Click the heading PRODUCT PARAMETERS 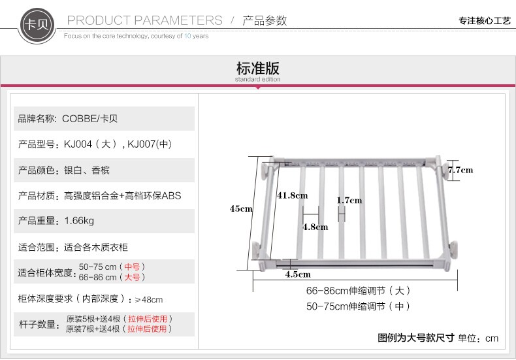tap(144, 20)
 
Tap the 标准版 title tap(257, 68)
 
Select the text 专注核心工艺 tap(484, 21)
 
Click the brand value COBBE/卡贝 tap(90, 119)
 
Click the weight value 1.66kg tap(79, 221)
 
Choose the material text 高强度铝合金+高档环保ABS tap(123, 195)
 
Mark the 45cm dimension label tap(240, 209)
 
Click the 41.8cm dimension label tap(292, 195)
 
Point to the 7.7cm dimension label tap(460, 170)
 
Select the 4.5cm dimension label tap(298, 274)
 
